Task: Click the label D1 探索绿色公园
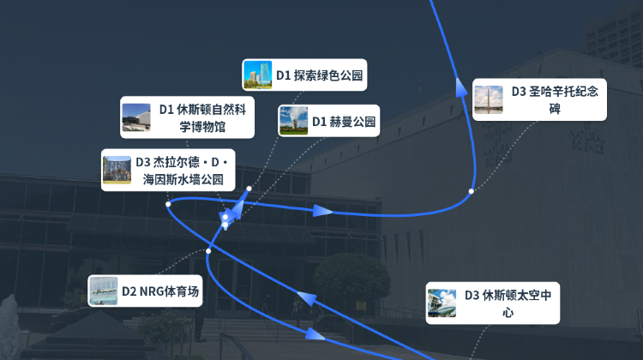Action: pyautogui.click(x=320, y=75)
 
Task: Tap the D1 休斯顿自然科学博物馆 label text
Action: pyautogui.click(x=202, y=117)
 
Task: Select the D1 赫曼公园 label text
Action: pyautogui.click(x=344, y=122)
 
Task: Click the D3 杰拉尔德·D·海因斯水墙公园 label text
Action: pyautogui.click(x=183, y=171)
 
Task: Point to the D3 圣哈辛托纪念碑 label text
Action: pyautogui.click(x=555, y=99)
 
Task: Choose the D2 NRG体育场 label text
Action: pyautogui.click(x=160, y=291)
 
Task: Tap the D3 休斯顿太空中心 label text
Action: pyautogui.click(x=508, y=303)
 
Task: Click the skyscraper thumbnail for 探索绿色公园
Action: pyautogui.click(x=257, y=75)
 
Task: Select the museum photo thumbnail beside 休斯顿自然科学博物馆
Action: pyautogui.click(x=136, y=117)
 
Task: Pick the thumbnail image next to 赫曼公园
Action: pyautogui.click(x=293, y=121)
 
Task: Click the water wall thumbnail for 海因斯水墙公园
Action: pyautogui.click(x=117, y=170)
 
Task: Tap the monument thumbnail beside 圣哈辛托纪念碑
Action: pyautogui.click(x=489, y=99)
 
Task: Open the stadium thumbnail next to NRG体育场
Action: pyautogui.click(x=104, y=291)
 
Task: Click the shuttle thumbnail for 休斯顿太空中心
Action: pyautogui.click(x=442, y=303)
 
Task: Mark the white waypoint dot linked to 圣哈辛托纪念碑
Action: pyautogui.click(x=472, y=191)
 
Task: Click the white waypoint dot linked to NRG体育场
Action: pyautogui.click(x=208, y=251)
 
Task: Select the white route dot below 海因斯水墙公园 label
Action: pyautogui.click(x=168, y=204)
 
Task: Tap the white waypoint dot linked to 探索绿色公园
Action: pyautogui.click(x=249, y=189)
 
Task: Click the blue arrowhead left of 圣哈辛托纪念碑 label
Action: pyautogui.click(x=461, y=87)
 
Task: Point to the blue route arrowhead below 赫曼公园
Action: pyautogui.click(x=322, y=211)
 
